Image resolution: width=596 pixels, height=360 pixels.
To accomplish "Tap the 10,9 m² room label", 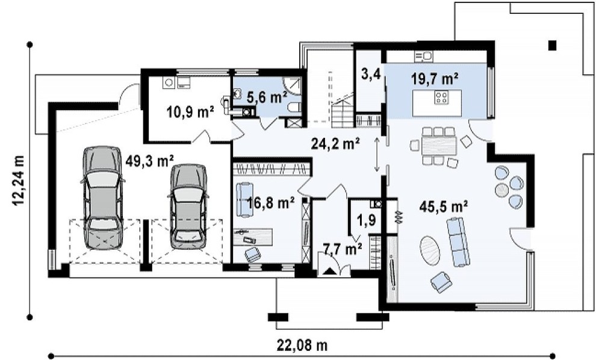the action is tap(190, 112).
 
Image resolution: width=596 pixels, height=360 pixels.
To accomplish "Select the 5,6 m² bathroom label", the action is tap(267, 98).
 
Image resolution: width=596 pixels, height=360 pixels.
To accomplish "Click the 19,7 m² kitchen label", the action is tap(435, 79).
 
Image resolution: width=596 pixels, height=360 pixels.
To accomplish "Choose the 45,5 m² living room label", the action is tap(444, 206).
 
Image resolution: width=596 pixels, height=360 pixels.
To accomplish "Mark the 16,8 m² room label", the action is tap(271, 203).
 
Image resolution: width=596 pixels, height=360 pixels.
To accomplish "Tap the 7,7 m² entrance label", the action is tap(343, 249).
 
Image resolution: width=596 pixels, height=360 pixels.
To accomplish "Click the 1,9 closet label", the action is tap(367, 219).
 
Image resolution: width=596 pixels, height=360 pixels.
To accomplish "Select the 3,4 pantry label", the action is tap(371, 74).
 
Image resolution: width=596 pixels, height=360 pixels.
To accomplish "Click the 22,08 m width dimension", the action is tap(303, 346).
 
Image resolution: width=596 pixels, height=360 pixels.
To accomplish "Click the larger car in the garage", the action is tap(103, 197).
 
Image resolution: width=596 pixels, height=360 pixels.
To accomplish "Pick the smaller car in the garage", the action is tap(189, 206).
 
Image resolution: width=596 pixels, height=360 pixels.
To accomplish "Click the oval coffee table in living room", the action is tap(430, 250).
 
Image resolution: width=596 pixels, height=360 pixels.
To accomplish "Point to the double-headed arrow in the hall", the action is tap(377, 154).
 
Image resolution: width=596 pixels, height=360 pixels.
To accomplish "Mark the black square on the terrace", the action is tap(552, 46).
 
